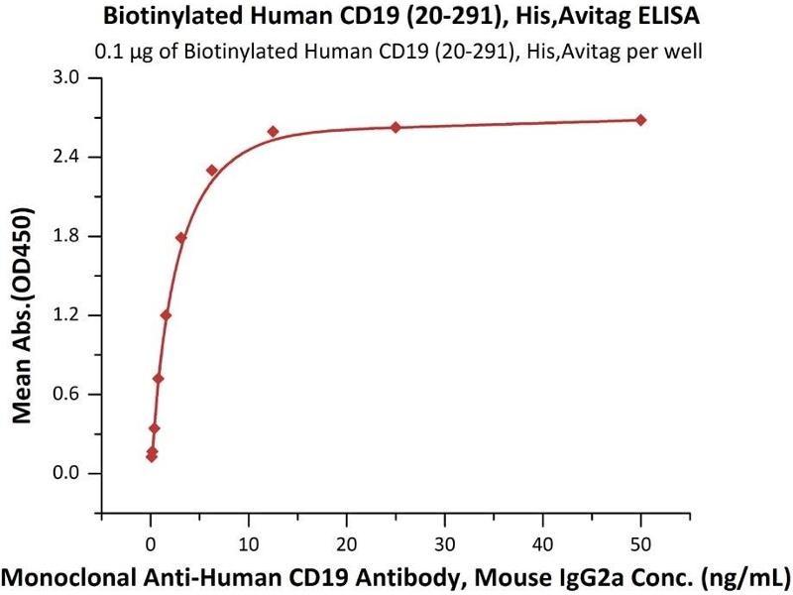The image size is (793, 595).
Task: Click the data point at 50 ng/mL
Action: pos(640,120)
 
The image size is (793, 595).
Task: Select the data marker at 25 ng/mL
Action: pos(396,127)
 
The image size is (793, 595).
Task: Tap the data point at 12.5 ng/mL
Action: pos(273,131)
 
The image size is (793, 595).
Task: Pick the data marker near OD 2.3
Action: pos(212,171)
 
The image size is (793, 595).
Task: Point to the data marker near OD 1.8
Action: pos(180,238)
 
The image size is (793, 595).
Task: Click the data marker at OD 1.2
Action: pos(166,315)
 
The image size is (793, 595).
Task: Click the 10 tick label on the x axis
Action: pos(249,543)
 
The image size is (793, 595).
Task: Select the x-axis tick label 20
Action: pos(347,543)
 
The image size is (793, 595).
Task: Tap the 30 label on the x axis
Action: pos(445,543)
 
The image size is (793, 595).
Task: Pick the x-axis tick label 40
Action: pos(542,543)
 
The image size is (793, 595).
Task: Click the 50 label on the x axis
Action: pos(640,543)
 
